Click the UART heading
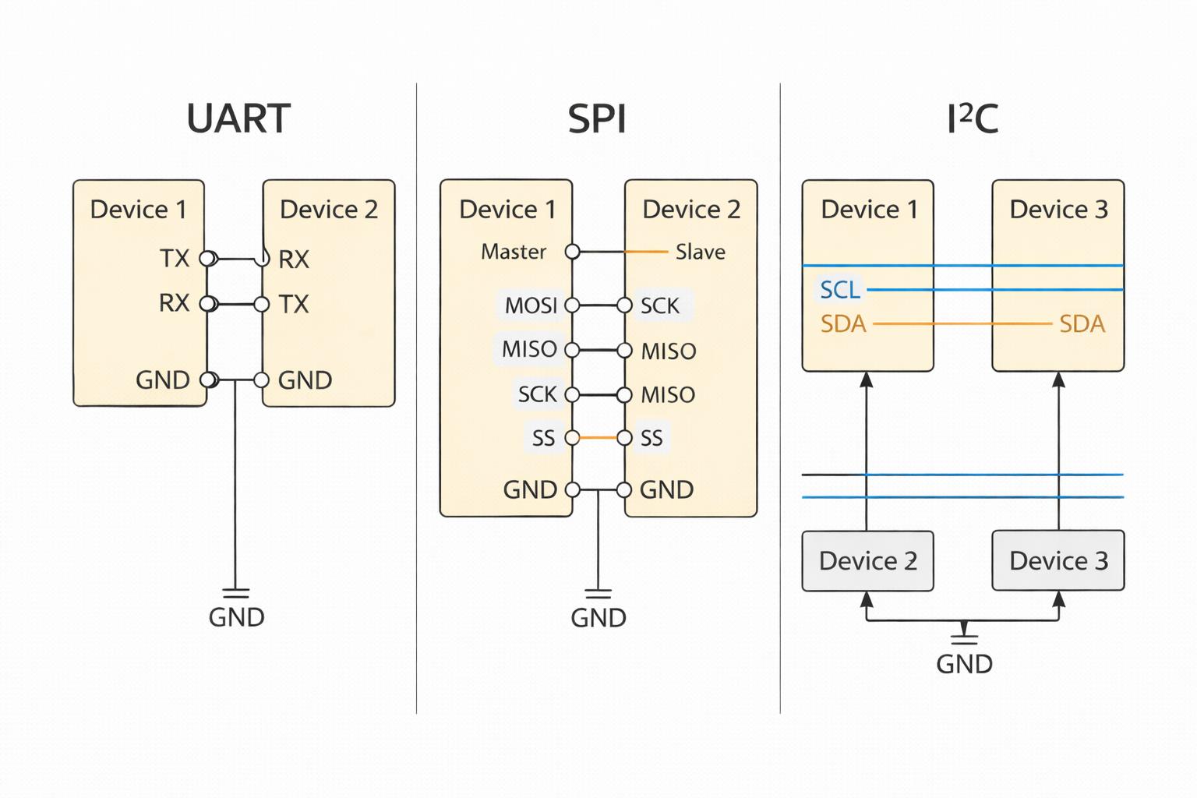(x=238, y=119)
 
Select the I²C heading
(x=972, y=119)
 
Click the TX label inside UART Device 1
(x=175, y=258)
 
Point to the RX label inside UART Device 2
(x=294, y=260)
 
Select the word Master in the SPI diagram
(x=514, y=252)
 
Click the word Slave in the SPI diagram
(x=700, y=252)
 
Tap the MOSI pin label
(x=531, y=305)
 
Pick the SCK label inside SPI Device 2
(x=660, y=305)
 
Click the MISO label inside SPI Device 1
(x=529, y=349)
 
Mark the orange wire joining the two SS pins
(x=598, y=437)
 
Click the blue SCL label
(x=840, y=290)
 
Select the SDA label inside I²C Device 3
(x=1082, y=323)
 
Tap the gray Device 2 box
(x=867, y=561)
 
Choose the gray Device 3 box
(x=1058, y=561)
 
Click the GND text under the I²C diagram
(x=964, y=664)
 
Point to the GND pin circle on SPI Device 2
(x=624, y=490)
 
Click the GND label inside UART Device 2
(x=305, y=380)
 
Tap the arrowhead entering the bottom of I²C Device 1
(x=867, y=380)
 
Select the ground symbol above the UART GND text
(x=235, y=593)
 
